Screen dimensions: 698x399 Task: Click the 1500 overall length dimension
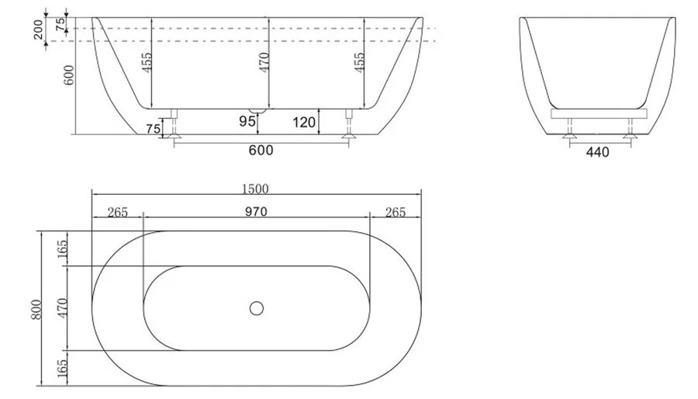255,189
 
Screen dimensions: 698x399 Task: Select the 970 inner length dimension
256,211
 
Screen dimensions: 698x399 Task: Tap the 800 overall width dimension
36,309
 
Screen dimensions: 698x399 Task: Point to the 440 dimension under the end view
597,152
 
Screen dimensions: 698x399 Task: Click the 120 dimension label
304,122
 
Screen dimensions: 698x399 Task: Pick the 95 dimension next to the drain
247,121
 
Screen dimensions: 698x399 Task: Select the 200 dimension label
39,29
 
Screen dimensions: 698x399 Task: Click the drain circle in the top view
257,308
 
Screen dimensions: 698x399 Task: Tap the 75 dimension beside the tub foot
153,129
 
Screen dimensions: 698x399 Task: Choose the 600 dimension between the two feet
261,150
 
